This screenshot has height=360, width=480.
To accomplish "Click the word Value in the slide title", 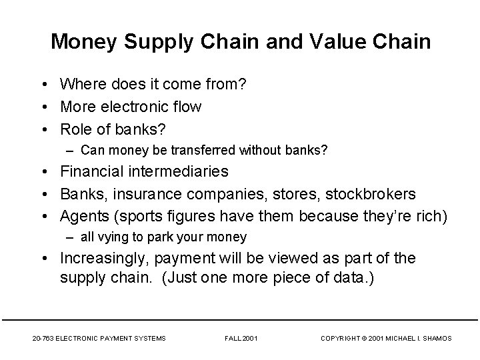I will (335, 42).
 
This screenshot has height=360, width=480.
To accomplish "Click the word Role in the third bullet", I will (76, 128).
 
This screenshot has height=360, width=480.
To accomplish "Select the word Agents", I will (83, 216).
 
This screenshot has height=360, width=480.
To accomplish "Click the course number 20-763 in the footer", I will (43, 339).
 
